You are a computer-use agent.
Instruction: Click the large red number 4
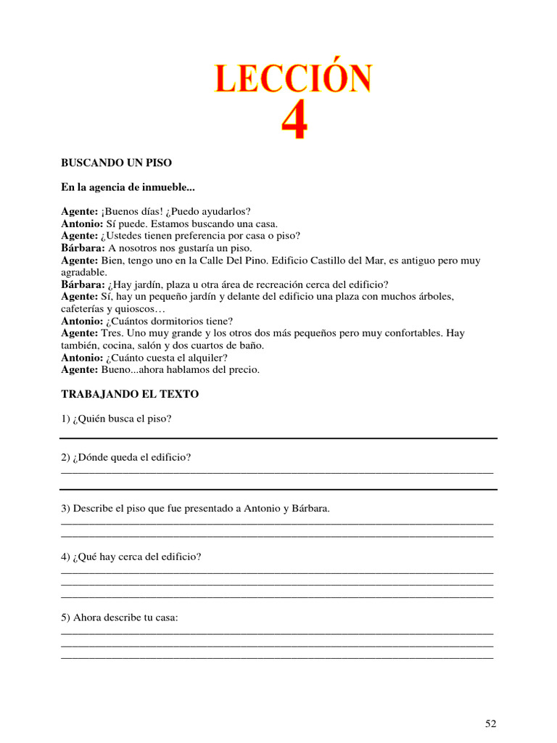(x=294, y=123)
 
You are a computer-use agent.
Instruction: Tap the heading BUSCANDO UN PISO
(x=116, y=163)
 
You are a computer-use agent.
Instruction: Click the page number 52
(x=491, y=723)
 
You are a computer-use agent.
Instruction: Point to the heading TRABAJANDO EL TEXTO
(x=130, y=394)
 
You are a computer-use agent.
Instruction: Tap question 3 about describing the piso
(x=195, y=509)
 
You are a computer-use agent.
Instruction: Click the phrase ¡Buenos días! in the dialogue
(x=128, y=212)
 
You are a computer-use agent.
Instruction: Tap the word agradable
(x=83, y=272)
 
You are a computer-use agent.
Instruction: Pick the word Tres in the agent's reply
(x=111, y=334)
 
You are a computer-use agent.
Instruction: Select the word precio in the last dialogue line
(x=243, y=370)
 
